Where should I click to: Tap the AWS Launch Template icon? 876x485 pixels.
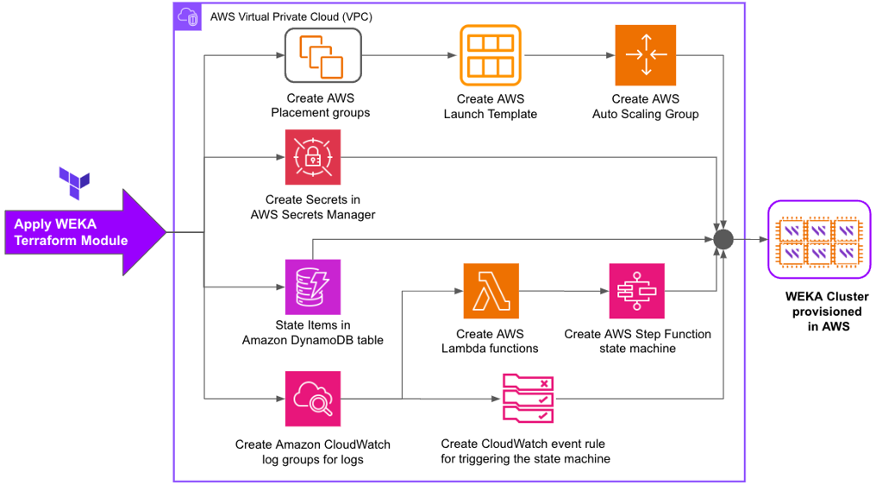point(490,55)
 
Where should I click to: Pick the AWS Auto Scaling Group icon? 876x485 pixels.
point(645,55)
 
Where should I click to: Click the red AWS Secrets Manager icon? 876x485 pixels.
point(313,157)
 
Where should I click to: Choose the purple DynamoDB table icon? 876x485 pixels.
point(313,287)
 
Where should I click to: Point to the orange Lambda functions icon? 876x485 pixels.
point(491,292)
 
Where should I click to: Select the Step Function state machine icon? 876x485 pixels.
point(637,292)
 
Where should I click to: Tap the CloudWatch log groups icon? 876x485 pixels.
point(313,399)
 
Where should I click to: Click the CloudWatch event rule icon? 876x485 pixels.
point(528,399)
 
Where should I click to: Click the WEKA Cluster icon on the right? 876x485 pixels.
point(819,241)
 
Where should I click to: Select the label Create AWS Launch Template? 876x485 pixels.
point(490,106)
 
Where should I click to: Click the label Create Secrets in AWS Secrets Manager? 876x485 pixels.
point(313,207)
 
